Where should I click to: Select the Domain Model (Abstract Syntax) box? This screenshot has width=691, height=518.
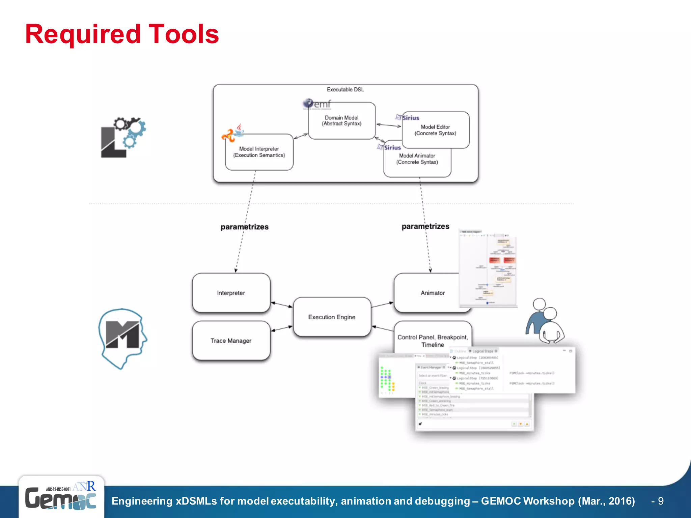pos(341,121)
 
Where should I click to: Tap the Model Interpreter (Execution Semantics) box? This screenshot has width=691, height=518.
pos(259,152)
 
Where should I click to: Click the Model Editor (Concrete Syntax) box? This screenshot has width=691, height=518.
pos(435,130)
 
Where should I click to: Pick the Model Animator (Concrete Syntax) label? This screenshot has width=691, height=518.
pos(417,159)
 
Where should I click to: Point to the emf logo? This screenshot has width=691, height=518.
pos(317,104)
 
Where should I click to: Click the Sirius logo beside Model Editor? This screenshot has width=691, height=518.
pos(408,118)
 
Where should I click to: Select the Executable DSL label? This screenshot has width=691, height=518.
pos(345,90)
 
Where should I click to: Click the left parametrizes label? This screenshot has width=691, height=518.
pos(244,227)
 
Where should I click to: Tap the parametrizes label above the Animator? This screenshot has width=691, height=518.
pos(425,226)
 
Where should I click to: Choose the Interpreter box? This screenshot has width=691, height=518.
pos(231,293)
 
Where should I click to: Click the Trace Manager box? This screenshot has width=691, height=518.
pos(231,341)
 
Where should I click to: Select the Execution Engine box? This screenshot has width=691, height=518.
pos(332,317)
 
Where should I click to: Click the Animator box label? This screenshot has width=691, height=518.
pos(433,293)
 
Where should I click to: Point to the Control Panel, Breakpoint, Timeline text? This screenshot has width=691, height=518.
pos(433,341)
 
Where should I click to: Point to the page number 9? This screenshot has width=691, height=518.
pos(660,501)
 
